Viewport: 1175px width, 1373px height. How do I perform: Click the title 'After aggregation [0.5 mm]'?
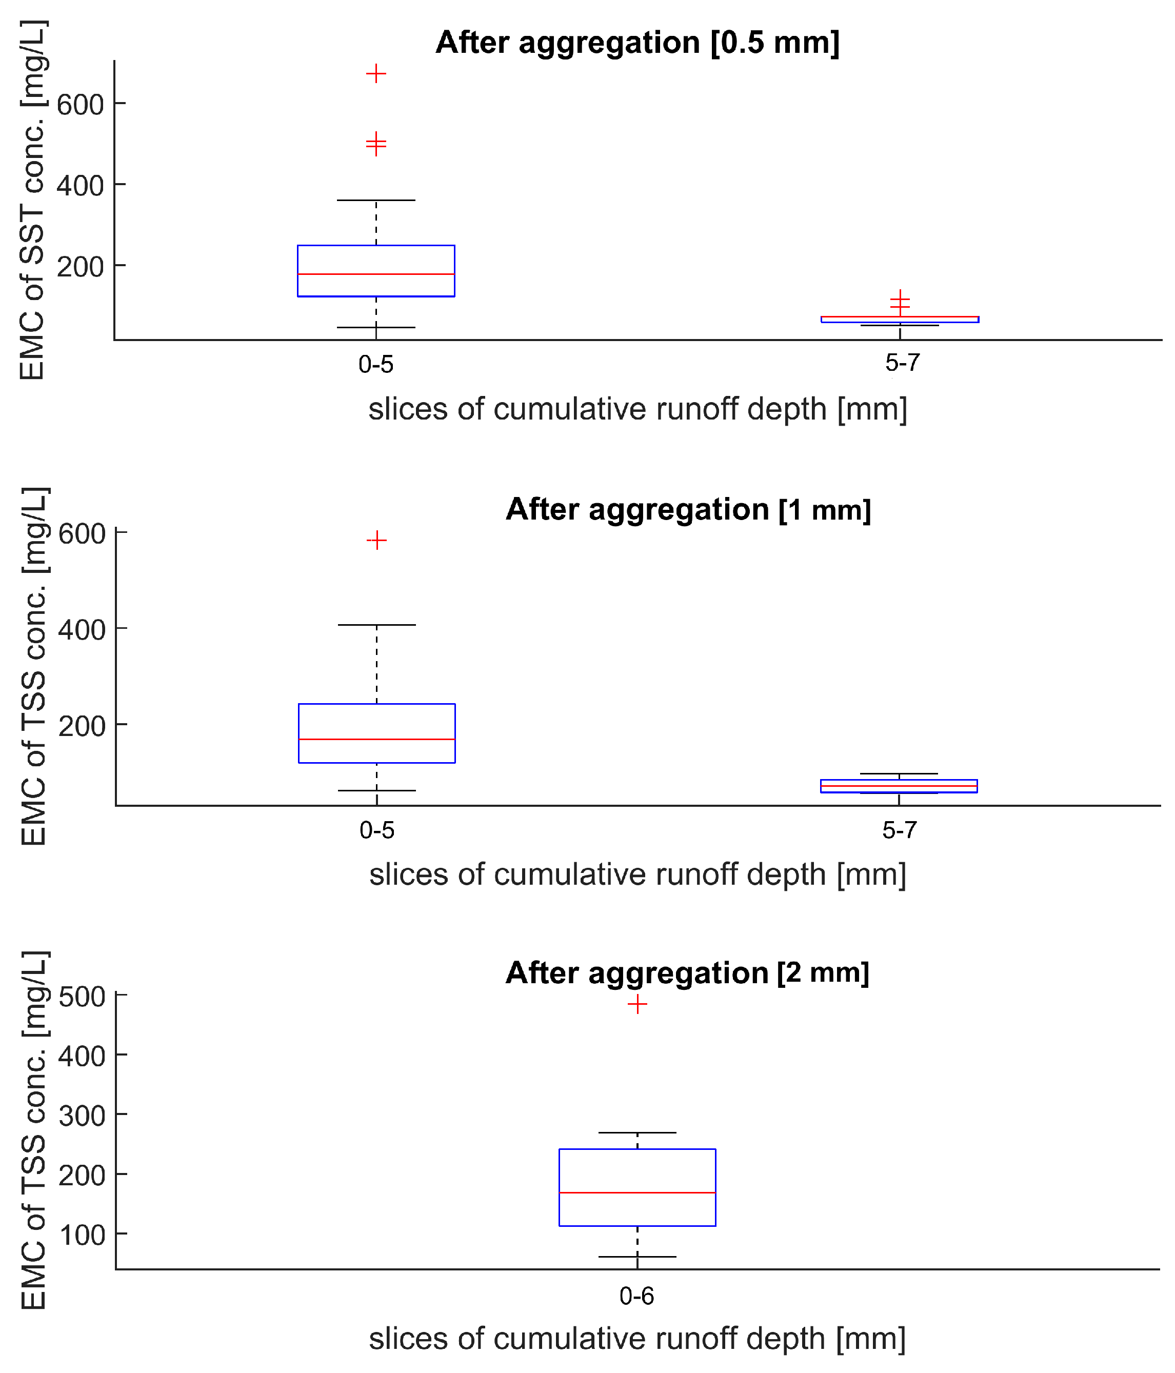(637, 43)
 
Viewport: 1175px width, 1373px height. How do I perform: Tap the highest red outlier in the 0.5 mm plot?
(376, 73)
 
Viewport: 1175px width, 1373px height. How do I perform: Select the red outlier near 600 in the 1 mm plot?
(376, 540)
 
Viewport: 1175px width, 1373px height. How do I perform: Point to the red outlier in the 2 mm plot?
(637, 1004)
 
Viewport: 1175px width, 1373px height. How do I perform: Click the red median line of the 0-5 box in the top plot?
(376, 274)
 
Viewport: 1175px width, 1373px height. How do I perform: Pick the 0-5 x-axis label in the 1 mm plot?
(376, 830)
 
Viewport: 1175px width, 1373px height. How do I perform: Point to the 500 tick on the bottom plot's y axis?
(82, 997)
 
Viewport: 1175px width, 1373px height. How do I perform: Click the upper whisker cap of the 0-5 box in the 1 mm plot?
(376, 625)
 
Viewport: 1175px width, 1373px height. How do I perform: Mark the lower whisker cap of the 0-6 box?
(637, 1257)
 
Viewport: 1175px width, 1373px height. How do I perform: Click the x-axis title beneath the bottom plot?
(637, 1339)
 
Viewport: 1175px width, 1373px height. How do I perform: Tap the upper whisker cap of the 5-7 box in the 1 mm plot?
(899, 773)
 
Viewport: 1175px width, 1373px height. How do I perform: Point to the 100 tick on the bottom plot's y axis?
(82, 1235)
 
